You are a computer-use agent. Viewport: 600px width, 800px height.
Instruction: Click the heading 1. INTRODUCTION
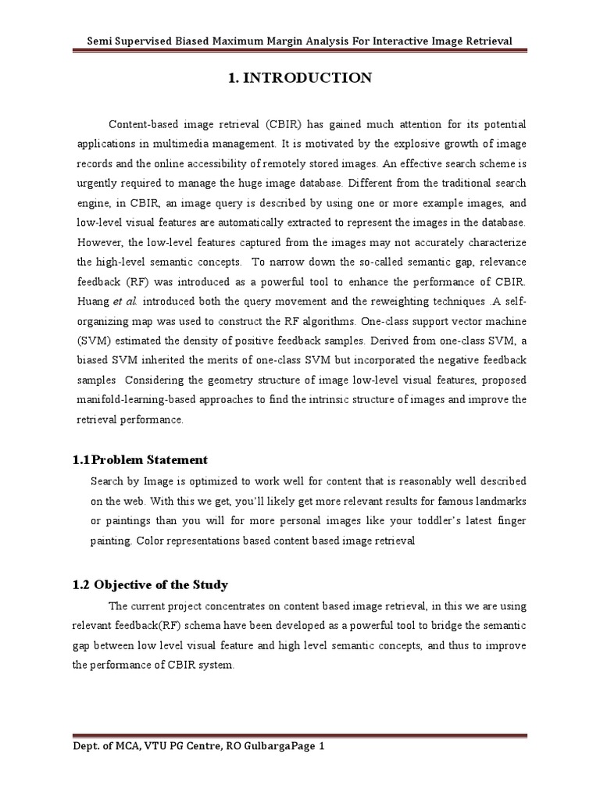(300, 78)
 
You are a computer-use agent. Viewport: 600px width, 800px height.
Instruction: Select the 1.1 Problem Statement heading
(148, 459)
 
